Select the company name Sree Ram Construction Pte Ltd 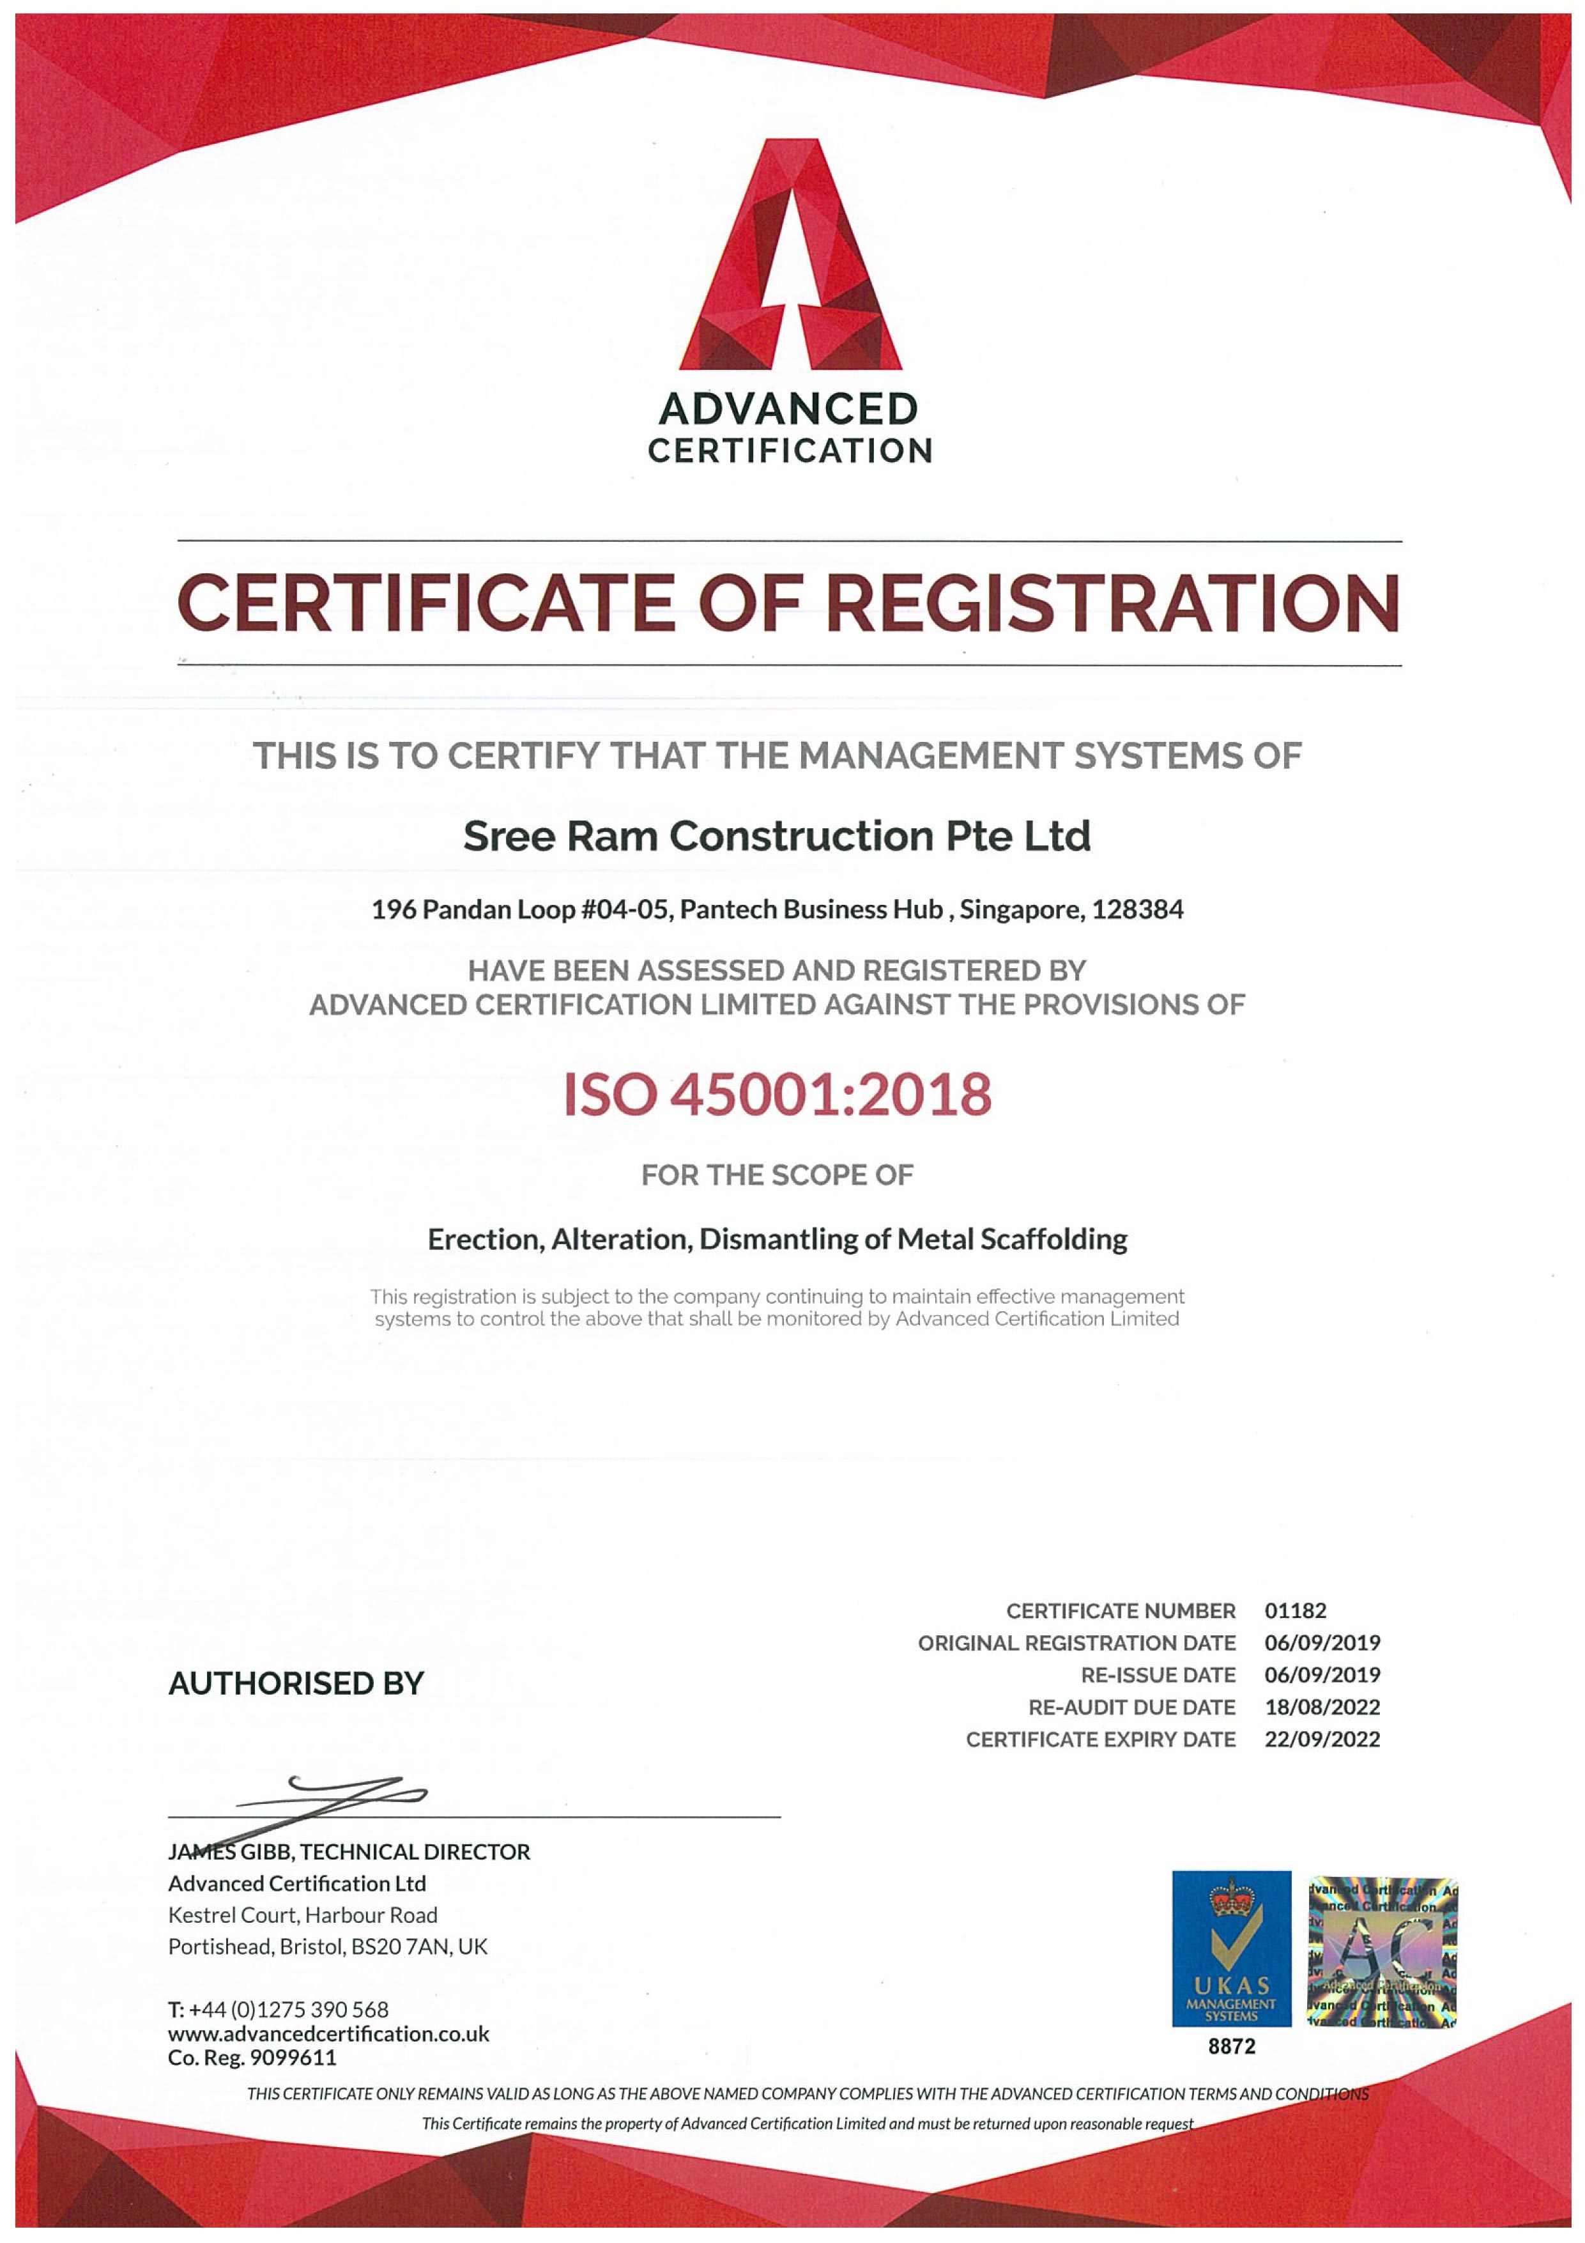[776, 836]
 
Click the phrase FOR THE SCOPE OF [777, 1175]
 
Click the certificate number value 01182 [1295, 1611]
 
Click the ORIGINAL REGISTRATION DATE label [1076, 1643]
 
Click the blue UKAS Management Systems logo [1230, 1948]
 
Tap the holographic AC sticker [1381, 1951]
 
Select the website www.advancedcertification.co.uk [328, 2034]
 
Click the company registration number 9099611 [293, 2058]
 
